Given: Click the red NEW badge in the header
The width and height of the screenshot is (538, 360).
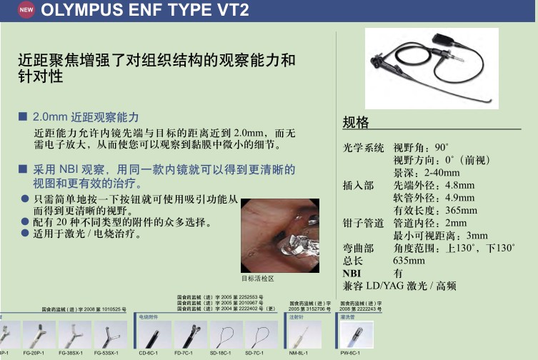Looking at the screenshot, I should [26, 11].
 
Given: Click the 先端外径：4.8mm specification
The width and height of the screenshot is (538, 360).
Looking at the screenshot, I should [434, 185].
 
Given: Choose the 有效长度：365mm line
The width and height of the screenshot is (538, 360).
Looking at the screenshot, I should [435, 210].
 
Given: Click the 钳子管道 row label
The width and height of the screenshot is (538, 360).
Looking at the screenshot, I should [364, 223].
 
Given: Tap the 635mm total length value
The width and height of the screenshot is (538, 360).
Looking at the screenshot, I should [409, 261].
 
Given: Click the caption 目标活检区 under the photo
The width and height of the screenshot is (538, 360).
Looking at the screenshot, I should [257, 278].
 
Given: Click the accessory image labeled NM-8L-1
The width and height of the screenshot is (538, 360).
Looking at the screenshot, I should [304, 333].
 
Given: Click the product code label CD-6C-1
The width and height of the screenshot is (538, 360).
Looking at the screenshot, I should [148, 354].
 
